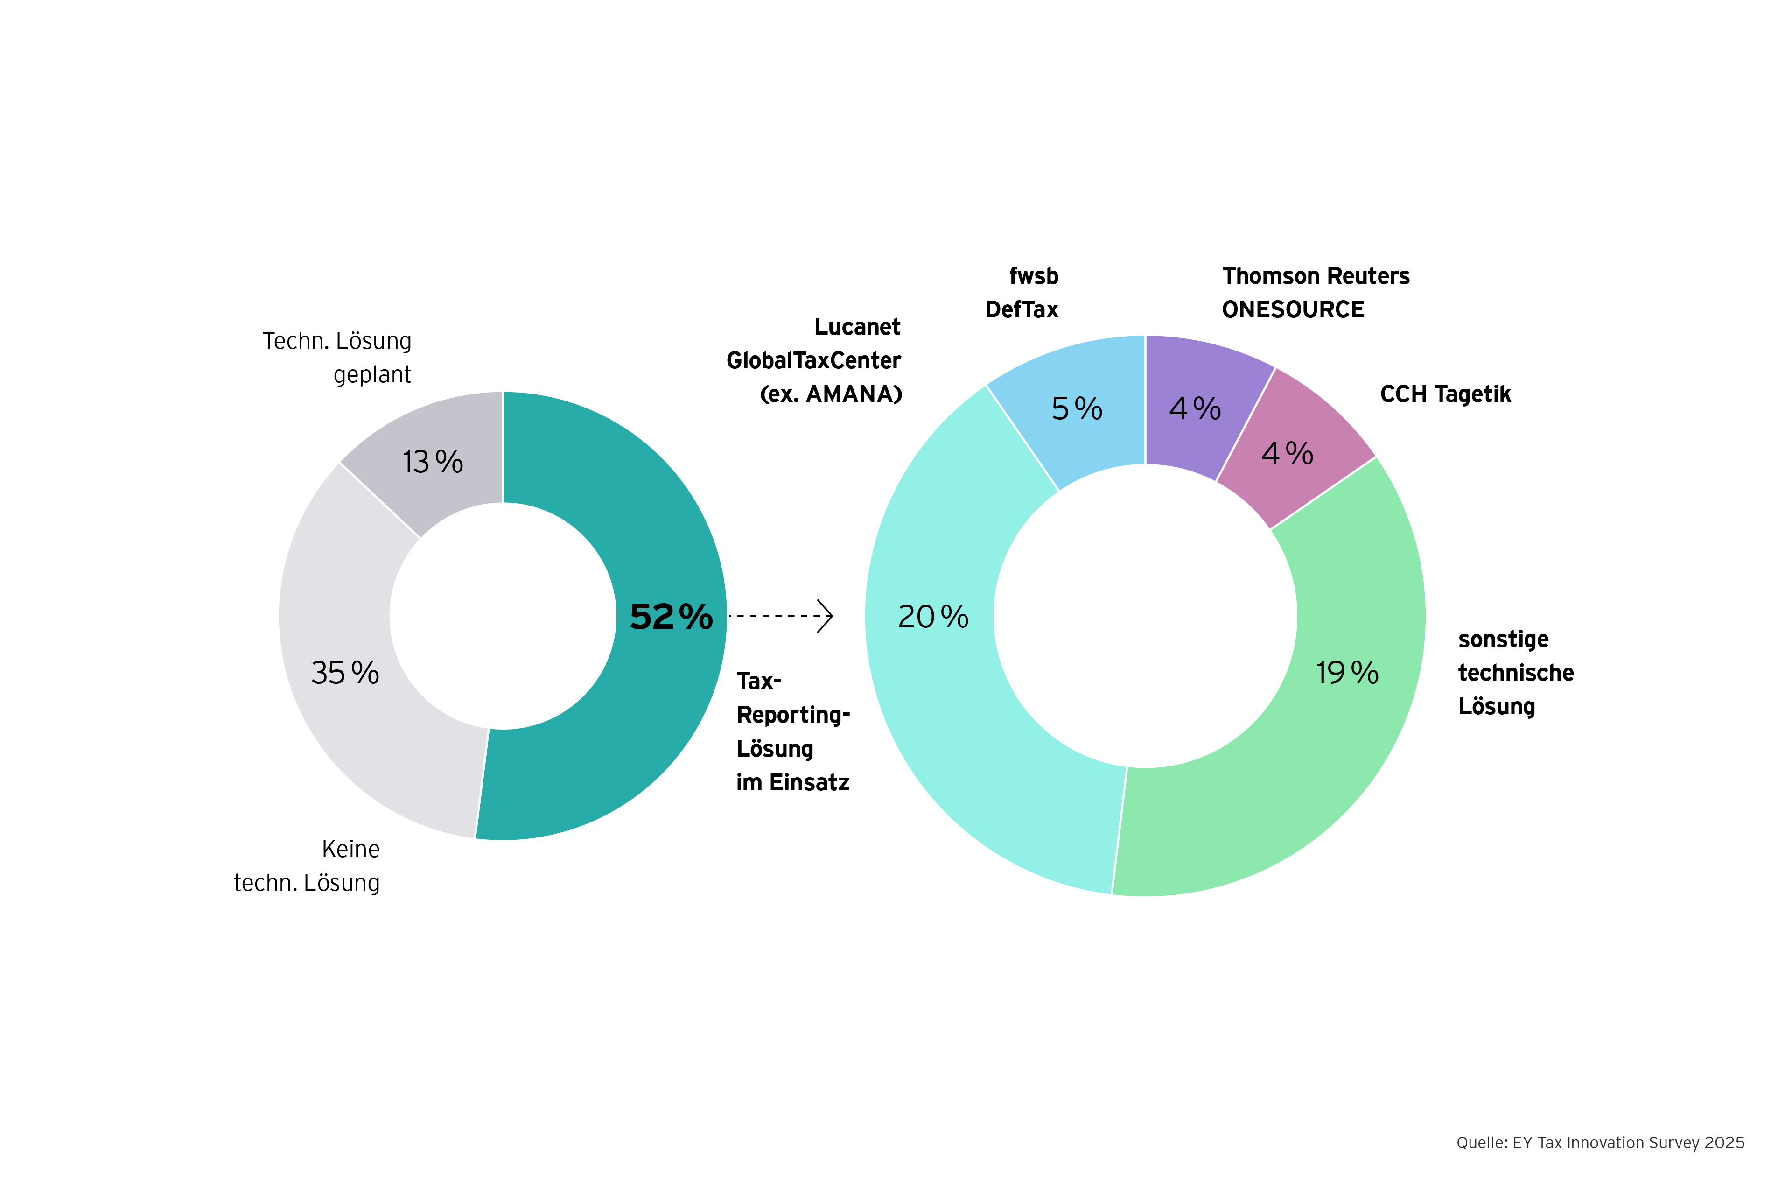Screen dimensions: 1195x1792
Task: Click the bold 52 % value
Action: pos(671,617)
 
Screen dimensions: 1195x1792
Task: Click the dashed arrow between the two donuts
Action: pos(780,616)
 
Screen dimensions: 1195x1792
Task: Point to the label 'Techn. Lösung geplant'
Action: pos(337,358)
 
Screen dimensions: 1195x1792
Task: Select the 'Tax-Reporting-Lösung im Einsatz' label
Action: pos(792,731)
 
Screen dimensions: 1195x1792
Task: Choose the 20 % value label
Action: pos(932,617)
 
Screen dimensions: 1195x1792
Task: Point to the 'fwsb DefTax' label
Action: pos(1022,293)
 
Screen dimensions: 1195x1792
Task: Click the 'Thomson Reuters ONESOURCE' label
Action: pos(1316,293)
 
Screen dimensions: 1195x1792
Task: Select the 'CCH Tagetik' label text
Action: pos(1445,394)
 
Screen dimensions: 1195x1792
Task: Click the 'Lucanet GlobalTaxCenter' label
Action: pos(814,360)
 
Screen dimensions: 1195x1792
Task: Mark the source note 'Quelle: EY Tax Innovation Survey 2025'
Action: pos(1600,1142)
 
